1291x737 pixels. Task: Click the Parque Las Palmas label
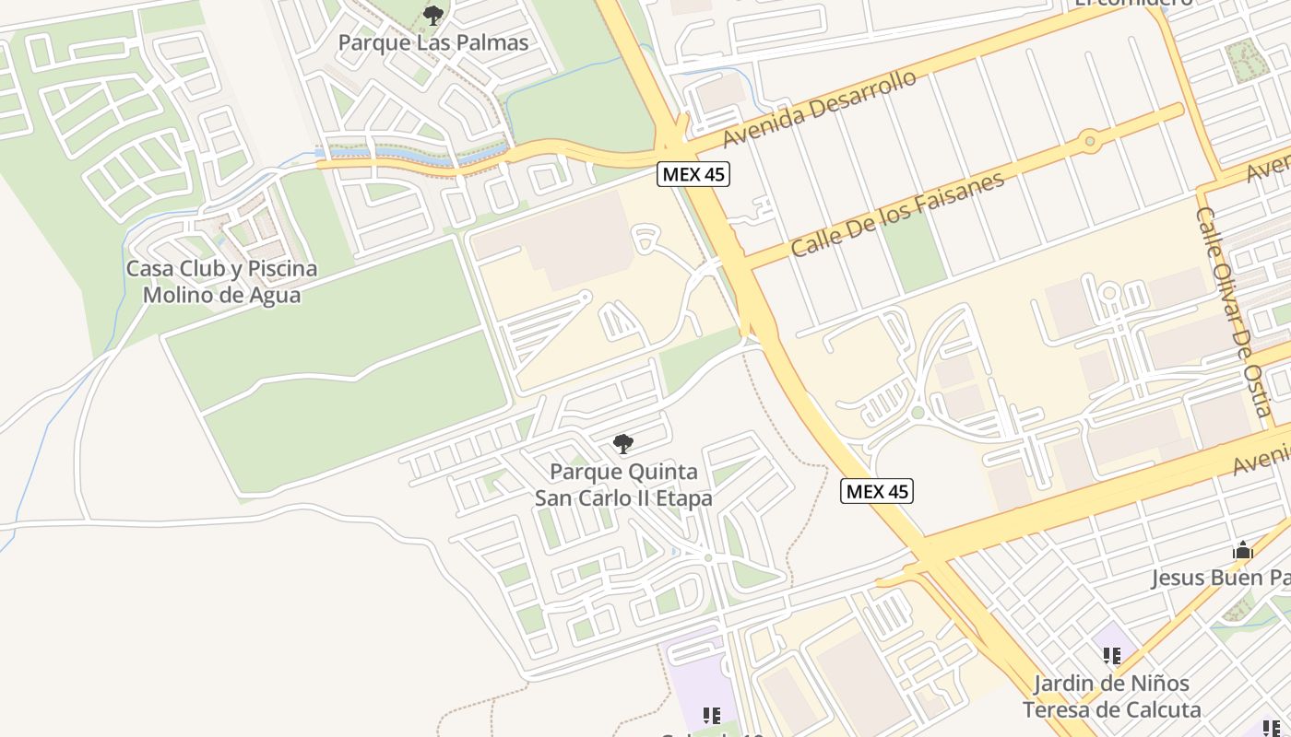click(433, 42)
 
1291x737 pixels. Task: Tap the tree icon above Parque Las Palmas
click(432, 15)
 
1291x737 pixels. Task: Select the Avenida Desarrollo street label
click(820, 108)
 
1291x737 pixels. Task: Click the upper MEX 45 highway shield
click(693, 174)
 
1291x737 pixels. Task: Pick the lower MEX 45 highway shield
click(878, 491)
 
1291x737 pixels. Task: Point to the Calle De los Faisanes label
click(897, 214)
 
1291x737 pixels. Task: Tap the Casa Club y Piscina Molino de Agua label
click(221, 282)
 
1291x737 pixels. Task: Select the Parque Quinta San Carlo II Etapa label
click(624, 485)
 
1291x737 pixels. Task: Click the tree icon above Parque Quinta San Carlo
click(623, 444)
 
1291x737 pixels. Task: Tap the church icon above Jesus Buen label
click(1243, 551)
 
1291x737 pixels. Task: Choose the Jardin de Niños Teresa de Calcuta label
click(1111, 696)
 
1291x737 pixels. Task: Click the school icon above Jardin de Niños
click(1112, 656)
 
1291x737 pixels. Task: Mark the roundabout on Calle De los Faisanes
click(1091, 141)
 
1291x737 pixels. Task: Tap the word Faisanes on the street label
click(959, 195)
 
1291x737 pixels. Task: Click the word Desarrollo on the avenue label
click(866, 93)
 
